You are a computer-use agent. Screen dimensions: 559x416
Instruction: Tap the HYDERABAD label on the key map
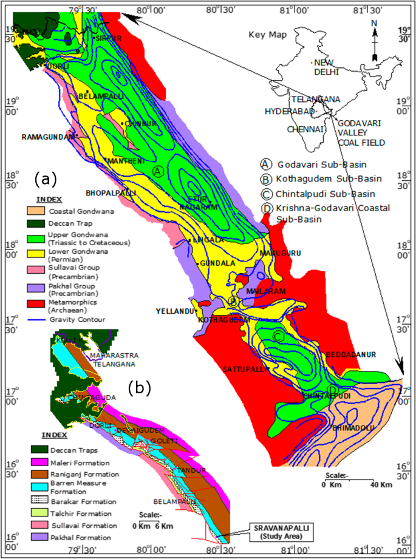coord(288,112)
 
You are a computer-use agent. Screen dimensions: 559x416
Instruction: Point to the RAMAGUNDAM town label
coord(49,137)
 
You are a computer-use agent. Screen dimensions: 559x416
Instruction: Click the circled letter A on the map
coord(157,171)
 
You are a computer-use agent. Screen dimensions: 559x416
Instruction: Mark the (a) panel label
coord(46,178)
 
